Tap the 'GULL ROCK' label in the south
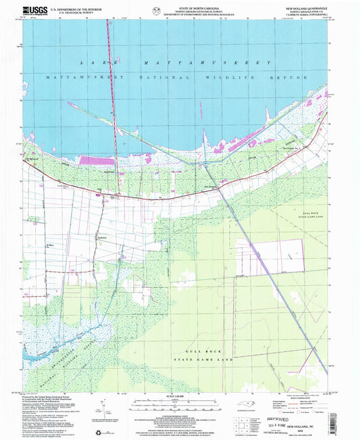(x=202, y=352)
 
